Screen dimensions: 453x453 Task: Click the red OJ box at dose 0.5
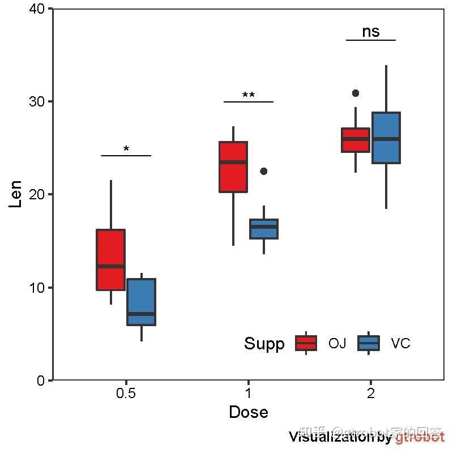tap(110, 259)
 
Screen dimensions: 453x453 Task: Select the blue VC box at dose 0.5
tap(141, 302)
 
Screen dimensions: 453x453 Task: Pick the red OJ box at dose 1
tap(233, 166)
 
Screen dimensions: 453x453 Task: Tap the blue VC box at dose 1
tap(264, 229)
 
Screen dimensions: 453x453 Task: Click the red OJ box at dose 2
tap(355, 140)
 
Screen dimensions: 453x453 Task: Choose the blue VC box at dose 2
tap(386, 138)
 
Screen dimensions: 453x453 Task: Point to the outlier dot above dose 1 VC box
tap(263, 171)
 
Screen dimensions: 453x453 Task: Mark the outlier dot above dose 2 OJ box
tap(356, 93)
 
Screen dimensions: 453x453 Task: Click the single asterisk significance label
tap(126, 149)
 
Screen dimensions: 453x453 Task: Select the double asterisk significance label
tap(249, 96)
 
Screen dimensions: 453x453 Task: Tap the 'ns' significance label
tap(371, 32)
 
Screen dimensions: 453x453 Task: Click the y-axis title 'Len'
tap(16, 194)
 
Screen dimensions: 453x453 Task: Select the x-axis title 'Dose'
tap(248, 412)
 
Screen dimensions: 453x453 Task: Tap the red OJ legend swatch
tap(306, 343)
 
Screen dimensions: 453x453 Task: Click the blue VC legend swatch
tap(369, 343)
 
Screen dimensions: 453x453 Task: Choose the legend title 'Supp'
tap(264, 344)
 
